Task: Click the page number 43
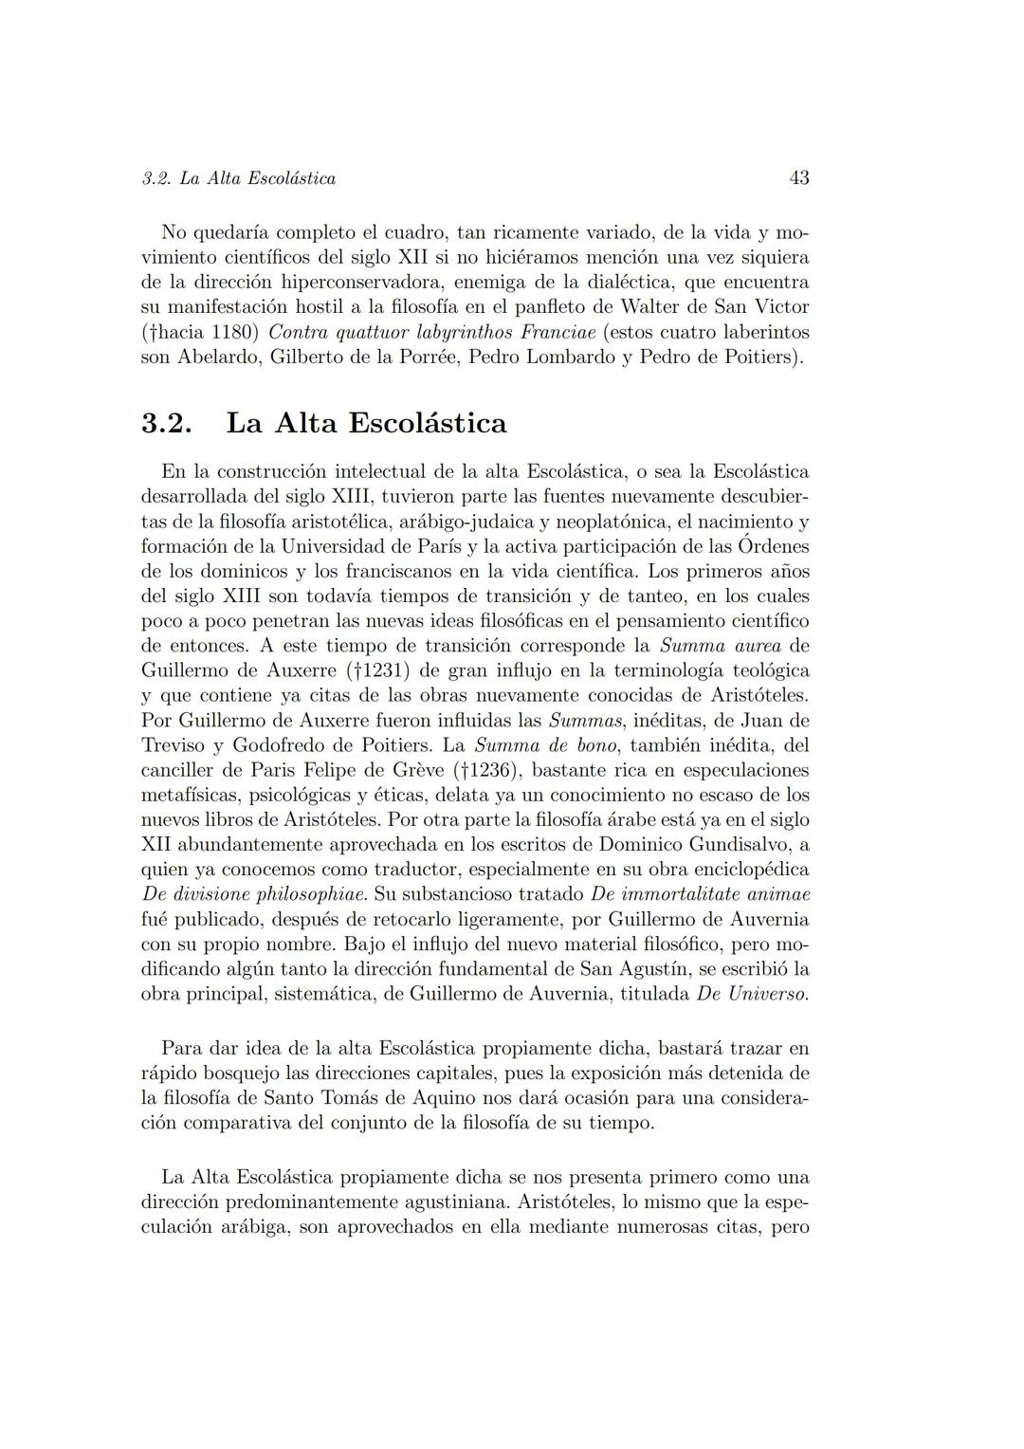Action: click(798, 177)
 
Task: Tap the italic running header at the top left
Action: click(238, 178)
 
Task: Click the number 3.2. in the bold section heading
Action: click(167, 423)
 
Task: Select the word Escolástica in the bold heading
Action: click(428, 423)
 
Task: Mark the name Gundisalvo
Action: click(728, 845)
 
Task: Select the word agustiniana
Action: click(427, 1202)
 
